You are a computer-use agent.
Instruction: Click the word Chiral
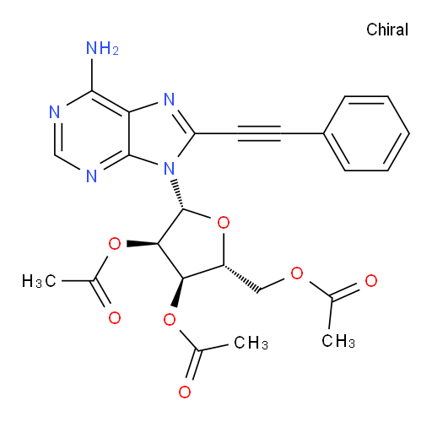[387, 30]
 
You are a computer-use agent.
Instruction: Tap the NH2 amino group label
[102, 48]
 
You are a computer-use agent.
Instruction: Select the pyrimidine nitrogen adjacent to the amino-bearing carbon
[55, 112]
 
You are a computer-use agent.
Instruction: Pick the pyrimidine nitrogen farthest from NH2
[92, 176]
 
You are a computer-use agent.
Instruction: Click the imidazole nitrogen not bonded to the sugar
[169, 100]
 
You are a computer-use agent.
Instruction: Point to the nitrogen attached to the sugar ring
[169, 169]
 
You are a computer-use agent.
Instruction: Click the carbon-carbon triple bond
[259, 133]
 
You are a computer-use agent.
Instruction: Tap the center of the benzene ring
[366, 133]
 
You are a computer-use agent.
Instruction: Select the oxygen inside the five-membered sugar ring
[224, 223]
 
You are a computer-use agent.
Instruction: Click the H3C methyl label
[39, 281]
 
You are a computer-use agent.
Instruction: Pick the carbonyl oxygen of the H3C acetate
[115, 318]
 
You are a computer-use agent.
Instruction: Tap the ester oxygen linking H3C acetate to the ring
[115, 244]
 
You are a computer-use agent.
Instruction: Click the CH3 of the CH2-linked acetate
[338, 341]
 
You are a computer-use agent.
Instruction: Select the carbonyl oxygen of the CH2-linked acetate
[371, 280]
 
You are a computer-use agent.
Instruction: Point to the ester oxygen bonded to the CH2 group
[297, 273]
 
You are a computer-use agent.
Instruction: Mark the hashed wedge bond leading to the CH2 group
[241, 279]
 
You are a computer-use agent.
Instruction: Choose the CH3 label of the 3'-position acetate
[251, 343]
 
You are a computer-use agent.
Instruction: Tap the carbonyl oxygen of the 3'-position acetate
[185, 392]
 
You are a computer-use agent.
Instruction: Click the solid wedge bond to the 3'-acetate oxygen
[178, 292]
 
